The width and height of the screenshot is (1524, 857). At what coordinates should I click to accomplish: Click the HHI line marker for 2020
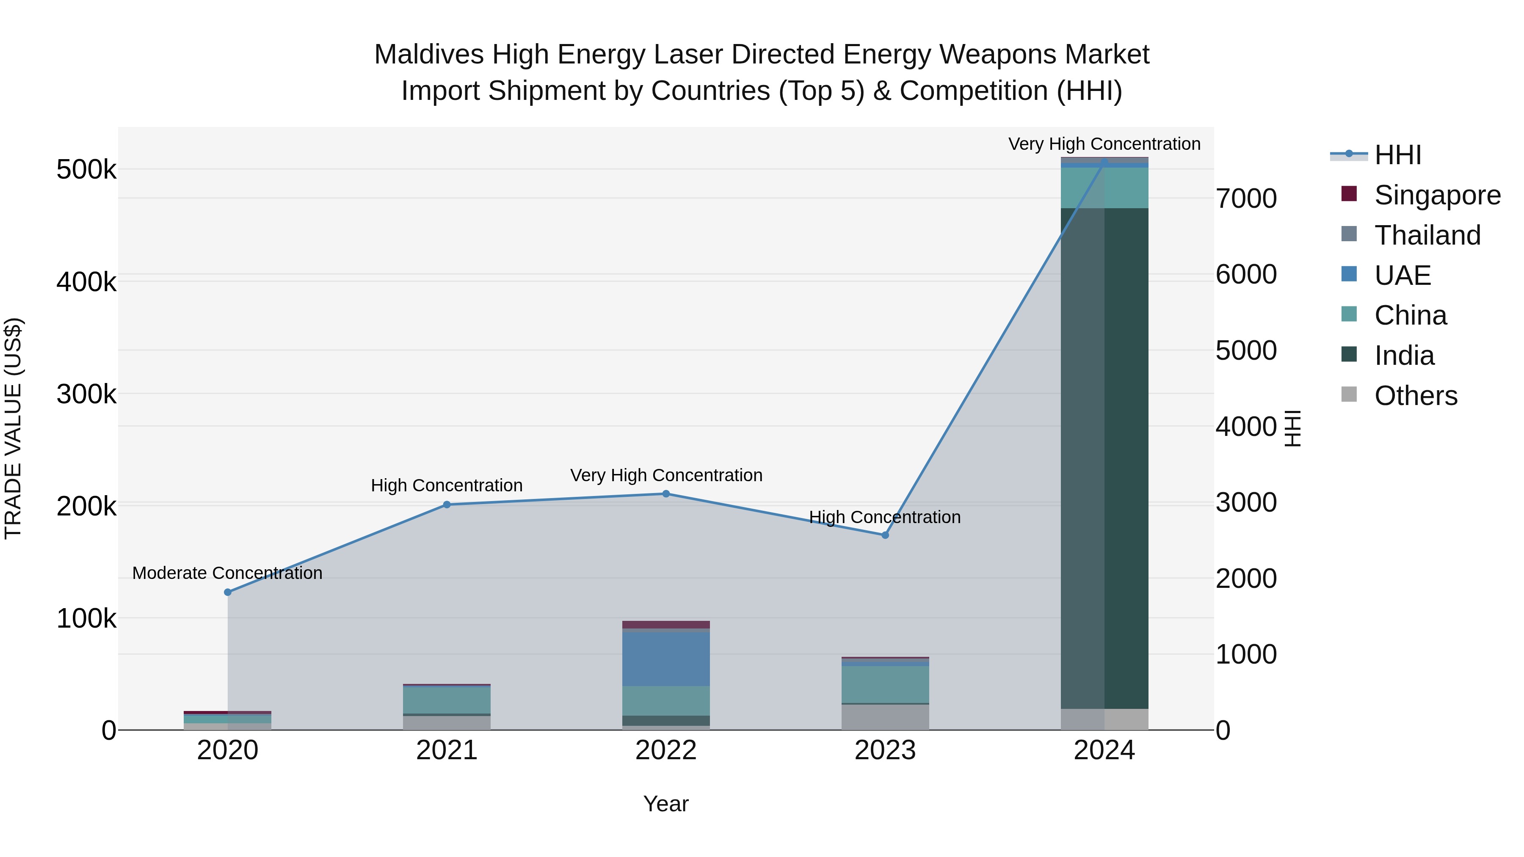point(228,592)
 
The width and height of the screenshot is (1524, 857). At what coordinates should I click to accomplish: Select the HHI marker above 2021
point(447,504)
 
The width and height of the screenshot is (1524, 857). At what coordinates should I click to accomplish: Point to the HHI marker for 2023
point(885,535)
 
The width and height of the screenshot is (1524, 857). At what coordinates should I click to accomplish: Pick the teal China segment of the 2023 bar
point(885,684)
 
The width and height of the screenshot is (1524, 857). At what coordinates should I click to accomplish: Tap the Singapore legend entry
point(1436,195)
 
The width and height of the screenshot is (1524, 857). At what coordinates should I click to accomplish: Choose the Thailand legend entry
point(1427,235)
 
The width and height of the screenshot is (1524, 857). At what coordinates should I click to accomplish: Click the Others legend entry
point(1415,396)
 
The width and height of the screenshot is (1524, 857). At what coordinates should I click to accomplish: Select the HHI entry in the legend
point(1397,155)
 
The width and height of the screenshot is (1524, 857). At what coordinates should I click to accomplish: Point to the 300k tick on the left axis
point(86,394)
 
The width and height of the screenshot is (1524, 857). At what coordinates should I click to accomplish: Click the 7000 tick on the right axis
point(1246,199)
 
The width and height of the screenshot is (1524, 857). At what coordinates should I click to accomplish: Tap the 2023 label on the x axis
point(885,750)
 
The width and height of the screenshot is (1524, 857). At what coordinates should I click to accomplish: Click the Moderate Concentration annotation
point(227,573)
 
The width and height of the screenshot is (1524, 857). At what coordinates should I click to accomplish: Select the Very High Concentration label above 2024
point(1104,144)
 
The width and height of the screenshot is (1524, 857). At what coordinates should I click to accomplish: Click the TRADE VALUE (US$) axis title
point(13,428)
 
